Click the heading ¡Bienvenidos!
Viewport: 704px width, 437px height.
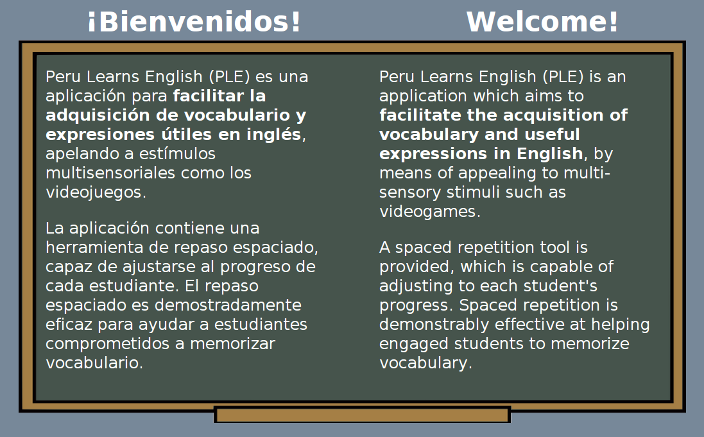(x=194, y=22)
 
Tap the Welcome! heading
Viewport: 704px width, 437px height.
(x=542, y=22)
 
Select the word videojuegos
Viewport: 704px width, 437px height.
(x=96, y=193)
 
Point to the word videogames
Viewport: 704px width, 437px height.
(x=430, y=212)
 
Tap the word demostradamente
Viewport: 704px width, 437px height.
(x=228, y=305)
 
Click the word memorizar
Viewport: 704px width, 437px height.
(x=232, y=344)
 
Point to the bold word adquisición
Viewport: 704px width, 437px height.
(x=98, y=116)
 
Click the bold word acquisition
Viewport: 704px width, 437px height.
(x=554, y=116)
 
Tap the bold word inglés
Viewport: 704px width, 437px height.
(x=274, y=135)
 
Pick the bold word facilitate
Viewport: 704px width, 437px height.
(x=420, y=116)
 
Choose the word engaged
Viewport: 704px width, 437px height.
(x=414, y=344)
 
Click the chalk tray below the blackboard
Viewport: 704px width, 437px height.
(x=363, y=415)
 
